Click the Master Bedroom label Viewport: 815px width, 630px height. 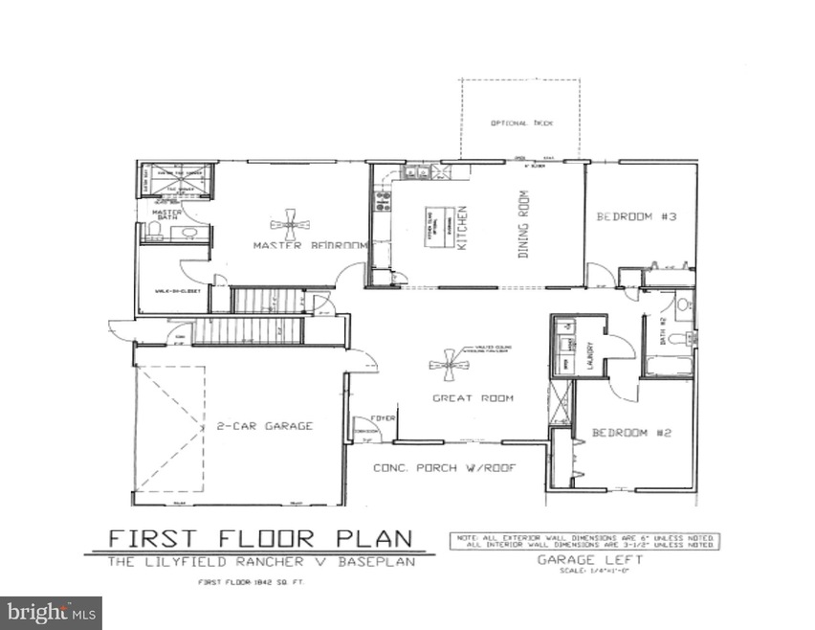pyautogui.click(x=310, y=246)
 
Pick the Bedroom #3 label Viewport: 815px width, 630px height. pyautogui.click(x=637, y=217)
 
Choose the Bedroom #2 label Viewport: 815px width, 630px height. pyautogui.click(x=631, y=433)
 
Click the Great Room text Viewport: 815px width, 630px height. pyautogui.click(x=473, y=398)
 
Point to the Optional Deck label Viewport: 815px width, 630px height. pyautogui.click(x=521, y=124)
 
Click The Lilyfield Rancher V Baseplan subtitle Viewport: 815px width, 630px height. pyautogui.click(x=260, y=562)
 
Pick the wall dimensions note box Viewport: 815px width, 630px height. pyautogui.click(x=584, y=541)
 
